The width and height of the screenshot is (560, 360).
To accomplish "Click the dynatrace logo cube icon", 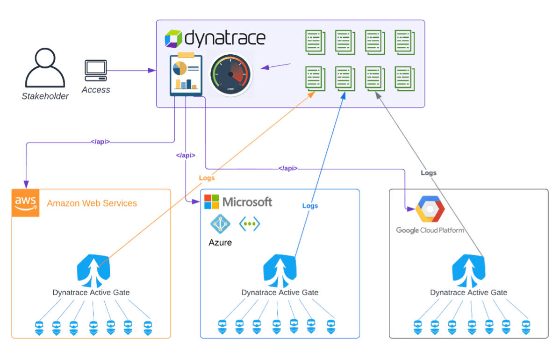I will tap(173, 38).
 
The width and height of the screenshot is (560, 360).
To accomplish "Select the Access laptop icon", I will tap(96, 71).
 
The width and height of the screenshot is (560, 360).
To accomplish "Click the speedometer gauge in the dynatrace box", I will tap(230, 74).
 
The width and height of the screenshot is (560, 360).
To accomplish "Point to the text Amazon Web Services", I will tap(92, 203).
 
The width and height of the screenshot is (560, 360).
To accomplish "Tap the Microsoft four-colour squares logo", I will tap(212, 202).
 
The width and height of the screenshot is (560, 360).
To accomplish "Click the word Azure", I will tap(220, 243).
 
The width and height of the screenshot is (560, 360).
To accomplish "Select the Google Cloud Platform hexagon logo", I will tap(430, 209).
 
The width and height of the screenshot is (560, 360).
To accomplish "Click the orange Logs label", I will tap(207, 178).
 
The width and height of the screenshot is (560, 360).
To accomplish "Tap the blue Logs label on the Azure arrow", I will tap(310, 205).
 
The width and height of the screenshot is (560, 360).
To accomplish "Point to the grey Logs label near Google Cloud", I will tap(428, 173).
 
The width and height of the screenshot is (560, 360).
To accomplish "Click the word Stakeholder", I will tap(45, 97).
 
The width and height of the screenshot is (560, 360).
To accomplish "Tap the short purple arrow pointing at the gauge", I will tap(276, 66).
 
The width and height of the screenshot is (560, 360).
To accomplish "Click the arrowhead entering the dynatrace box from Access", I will tap(152, 71).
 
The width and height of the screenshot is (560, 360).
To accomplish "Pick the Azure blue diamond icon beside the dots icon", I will tap(218, 223).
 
